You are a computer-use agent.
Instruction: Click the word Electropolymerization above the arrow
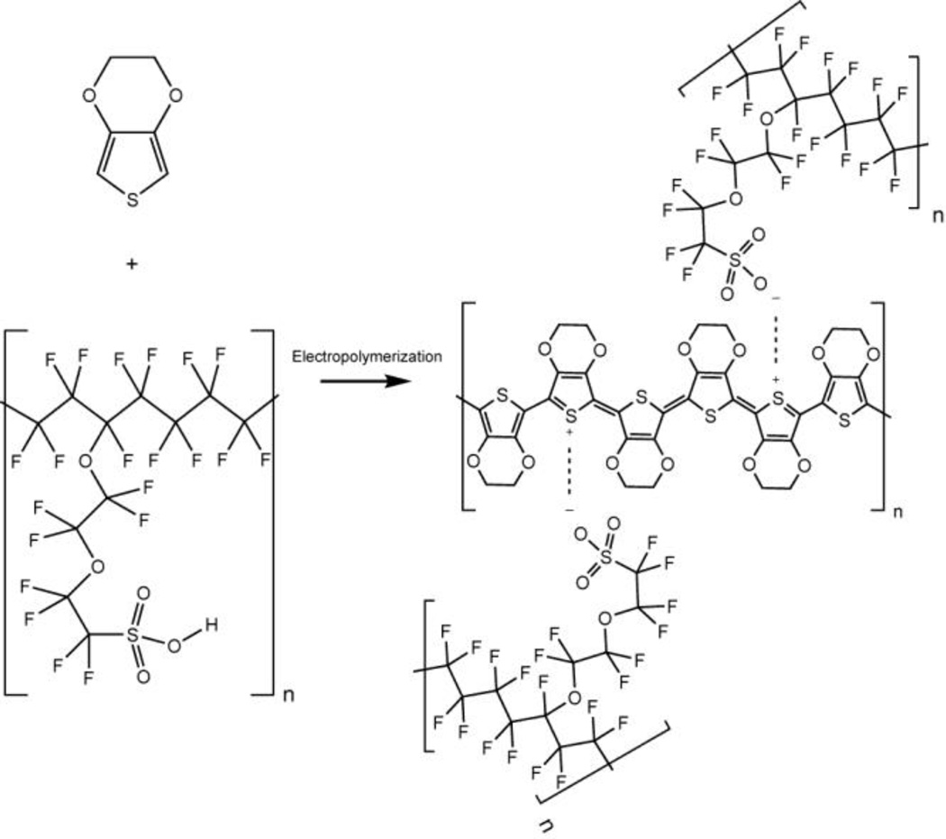(x=366, y=357)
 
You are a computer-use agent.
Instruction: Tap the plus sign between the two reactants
(x=133, y=264)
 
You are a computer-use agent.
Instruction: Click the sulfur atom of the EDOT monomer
(x=133, y=200)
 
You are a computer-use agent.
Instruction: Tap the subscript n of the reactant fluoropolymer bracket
(x=288, y=696)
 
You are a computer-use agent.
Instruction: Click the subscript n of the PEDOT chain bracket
(x=896, y=515)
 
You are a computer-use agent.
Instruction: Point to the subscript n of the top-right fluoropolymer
(x=937, y=219)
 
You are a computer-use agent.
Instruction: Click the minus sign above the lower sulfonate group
(x=569, y=510)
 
